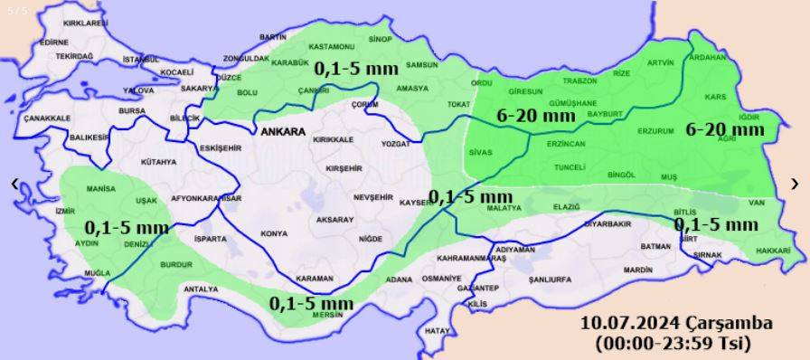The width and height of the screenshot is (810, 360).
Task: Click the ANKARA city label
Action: click(x=282, y=132)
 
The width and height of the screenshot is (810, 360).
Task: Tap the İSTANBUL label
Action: click(x=140, y=60)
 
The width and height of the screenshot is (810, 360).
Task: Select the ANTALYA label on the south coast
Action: click(x=201, y=289)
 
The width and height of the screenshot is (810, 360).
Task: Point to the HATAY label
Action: click(x=437, y=331)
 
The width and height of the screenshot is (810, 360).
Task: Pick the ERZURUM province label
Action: click(x=655, y=131)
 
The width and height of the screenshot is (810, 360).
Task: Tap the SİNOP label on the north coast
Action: click(x=381, y=40)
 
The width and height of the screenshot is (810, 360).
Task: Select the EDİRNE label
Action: click(x=54, y=42)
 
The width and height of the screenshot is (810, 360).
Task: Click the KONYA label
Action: click(x=274, y=234)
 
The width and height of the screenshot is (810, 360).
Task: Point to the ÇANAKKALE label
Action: click(x=47, y=118)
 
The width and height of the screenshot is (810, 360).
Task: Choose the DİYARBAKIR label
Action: click(x=606, y=223)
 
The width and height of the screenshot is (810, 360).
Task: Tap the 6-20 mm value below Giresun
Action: click(x=537, y=115)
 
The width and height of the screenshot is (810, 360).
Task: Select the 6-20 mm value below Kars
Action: click(x=725, y=129)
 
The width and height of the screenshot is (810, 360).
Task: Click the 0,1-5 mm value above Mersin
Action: click(x=311, y=302)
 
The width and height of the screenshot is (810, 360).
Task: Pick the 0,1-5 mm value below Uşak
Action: click(x=127, y=226)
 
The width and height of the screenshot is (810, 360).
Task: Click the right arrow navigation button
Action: click(x=795, y=184)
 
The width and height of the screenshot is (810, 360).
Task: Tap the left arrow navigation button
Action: click(x=14, y=184)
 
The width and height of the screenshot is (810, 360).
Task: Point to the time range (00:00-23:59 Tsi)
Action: click(x=673, y=343)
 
